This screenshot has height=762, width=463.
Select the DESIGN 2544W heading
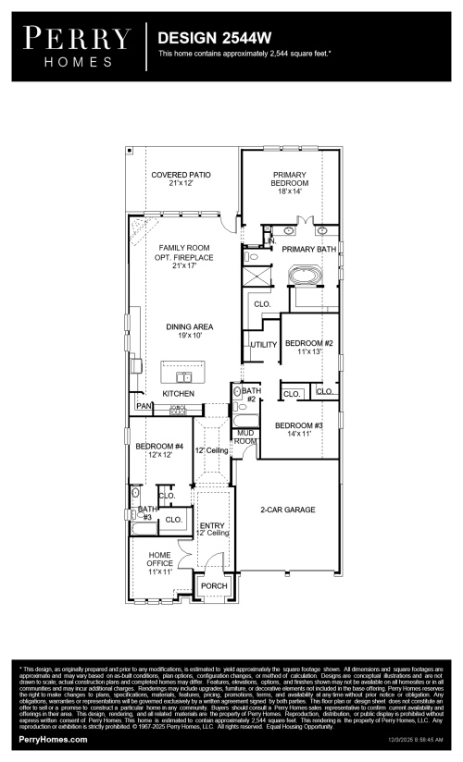pyautogui.click(x=214, y=37)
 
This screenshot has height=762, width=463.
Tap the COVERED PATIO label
pyautogui.click(x=181, y=178)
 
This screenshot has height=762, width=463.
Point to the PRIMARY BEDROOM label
pyautogui.click(x=289, y=182)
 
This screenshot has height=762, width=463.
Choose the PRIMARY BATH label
pyautogui.click(x=308, y=250)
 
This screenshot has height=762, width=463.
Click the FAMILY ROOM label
pyautogui.click(x=183, y=248)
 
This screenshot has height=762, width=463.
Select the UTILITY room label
pyautogui.click(x=263, y=345)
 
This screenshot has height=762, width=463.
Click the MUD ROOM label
pyautogui.click(x=244, y=436)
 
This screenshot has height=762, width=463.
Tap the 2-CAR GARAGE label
pyautogui.click(x=287, y=510)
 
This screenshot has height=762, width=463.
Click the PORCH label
pyautogui.click(x=214, y=586)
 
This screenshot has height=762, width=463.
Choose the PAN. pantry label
pyautogui.click(x=144, y=406)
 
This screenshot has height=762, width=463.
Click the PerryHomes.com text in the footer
pyautogui.click(x=53, y=740)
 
